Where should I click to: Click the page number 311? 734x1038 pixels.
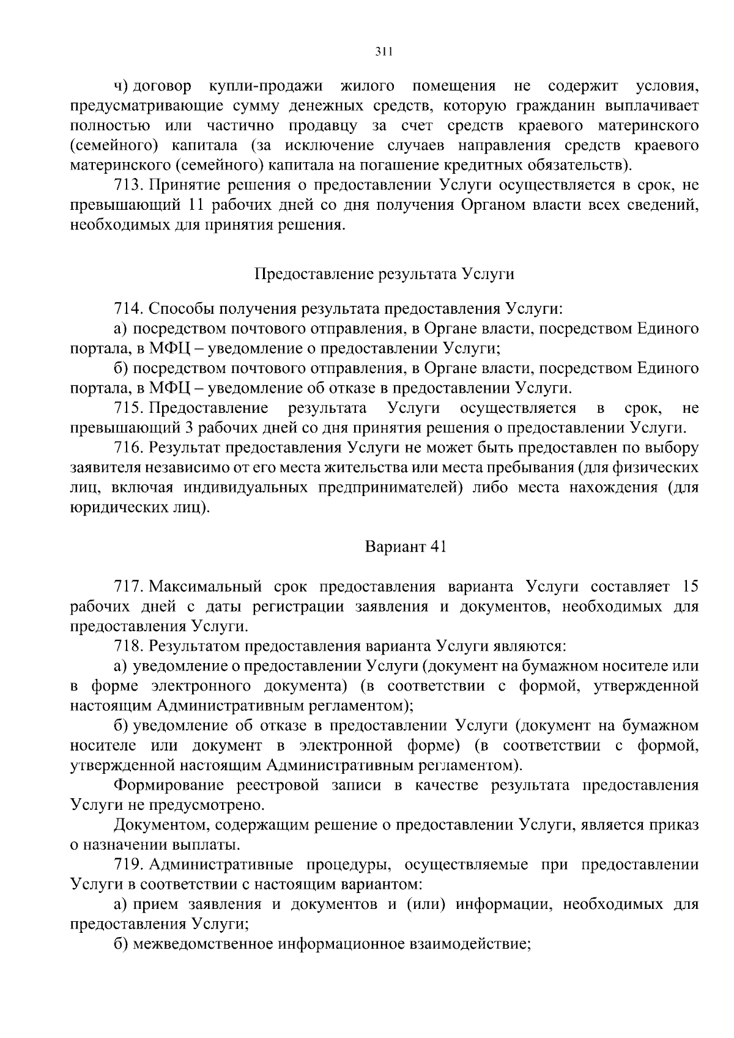pos(384,53)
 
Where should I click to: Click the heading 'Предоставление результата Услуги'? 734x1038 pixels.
pos(384,273)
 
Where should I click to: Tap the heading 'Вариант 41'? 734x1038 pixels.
pos(406,546)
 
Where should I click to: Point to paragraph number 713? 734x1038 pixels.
pos(128,185)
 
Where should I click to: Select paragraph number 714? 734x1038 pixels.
pos(128,309)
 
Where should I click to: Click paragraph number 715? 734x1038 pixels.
pos(128,408)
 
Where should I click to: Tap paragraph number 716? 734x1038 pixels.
pos(128,448)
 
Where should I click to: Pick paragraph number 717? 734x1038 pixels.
pos(128,587)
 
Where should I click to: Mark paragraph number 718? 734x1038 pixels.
pos(128,646)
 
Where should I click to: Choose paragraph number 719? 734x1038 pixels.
pos(128,864)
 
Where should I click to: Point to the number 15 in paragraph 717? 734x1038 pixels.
pos(689,587)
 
